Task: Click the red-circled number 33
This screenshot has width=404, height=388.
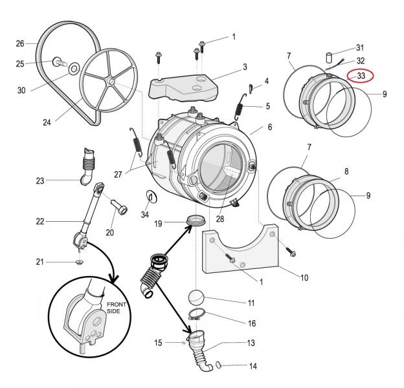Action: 361,76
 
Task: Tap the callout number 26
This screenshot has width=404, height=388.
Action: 20,44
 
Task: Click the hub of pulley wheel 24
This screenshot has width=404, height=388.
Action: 111,81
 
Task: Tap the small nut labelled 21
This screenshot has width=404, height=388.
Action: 77,261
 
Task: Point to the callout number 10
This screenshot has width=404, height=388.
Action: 304,278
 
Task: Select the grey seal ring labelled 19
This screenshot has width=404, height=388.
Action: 192,223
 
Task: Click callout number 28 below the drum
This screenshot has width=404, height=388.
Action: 220,220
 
